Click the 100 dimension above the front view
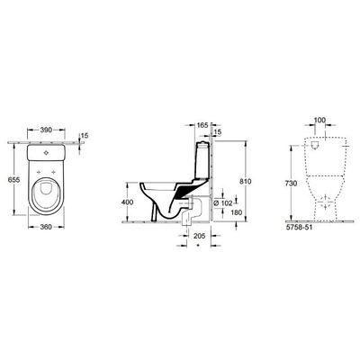coord(321,120)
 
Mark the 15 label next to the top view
coord(84,136)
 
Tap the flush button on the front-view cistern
coord(321,144)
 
